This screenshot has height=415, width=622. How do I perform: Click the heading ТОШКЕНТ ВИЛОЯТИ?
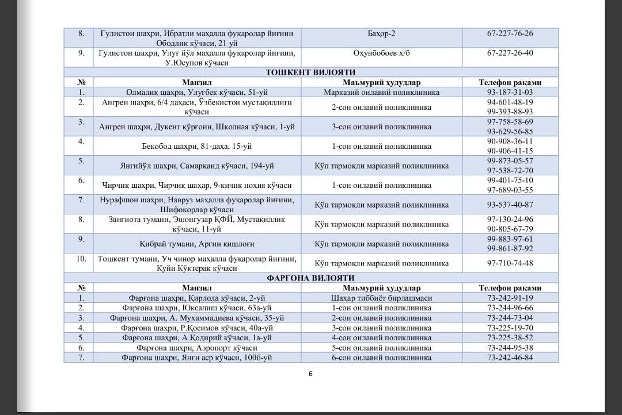point(311,72)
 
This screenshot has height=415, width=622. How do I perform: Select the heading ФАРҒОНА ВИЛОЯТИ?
point(311,278)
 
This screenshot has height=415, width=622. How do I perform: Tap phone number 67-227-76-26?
point(510,34)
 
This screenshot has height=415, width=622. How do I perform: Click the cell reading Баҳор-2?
point(381,34)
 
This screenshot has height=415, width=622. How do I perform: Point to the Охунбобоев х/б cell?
point(381,53)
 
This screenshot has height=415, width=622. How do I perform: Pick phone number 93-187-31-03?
point(510,92)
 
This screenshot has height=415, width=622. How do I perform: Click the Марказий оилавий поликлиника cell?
point(381,92)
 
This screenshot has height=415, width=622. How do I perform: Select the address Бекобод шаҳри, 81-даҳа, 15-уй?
point(196,146)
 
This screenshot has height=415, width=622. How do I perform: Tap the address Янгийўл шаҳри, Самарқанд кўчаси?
point(196,166)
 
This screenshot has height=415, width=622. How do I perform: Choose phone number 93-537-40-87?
point(510,205)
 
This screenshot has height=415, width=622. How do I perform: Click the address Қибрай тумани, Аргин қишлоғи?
point(196,244)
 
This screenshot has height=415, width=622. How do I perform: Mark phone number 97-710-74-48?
point(510,263)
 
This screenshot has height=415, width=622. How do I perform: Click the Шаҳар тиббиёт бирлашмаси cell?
point(381,298)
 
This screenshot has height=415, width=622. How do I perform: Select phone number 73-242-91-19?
point(510,298)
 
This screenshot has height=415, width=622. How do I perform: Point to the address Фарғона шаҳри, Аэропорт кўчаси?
point(196,348)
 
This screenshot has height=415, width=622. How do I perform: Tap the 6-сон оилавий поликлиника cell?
point(381,358)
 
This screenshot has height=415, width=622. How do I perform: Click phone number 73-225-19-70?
point(510,328)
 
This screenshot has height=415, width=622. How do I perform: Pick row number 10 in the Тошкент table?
point(81,259)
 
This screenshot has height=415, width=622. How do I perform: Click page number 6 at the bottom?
point(310,374)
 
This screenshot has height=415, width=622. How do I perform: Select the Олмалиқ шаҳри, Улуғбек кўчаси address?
point(196,92)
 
